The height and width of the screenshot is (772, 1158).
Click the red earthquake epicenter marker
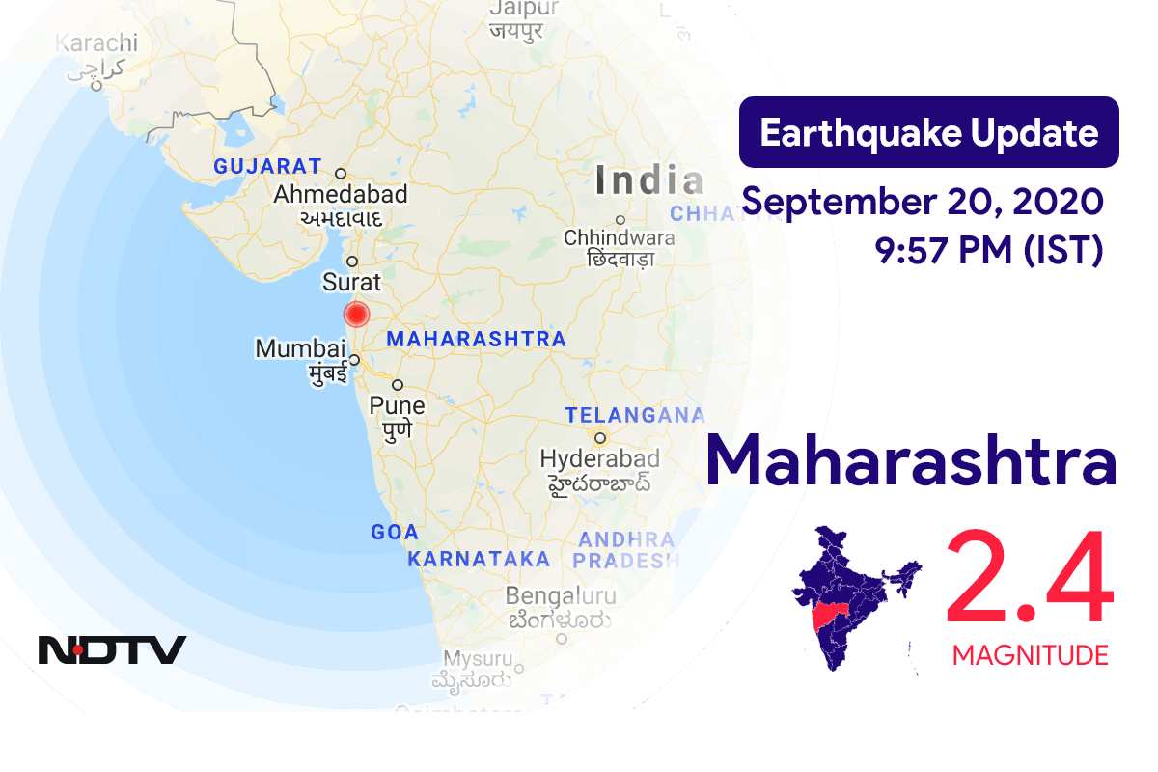point(357,315)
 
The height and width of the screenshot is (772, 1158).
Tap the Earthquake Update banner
point(928,132)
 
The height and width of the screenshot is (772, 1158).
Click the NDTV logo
point(112,649)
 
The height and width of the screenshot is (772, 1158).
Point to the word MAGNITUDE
point(1030,656)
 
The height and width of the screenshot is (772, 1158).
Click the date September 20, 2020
point(922,203)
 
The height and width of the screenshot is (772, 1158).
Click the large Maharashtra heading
point(911,461)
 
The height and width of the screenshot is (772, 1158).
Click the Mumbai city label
point(300,348)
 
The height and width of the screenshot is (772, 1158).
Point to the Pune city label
point(397,405)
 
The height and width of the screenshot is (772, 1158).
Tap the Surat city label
point(351,283)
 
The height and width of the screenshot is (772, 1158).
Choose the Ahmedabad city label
point(340,194)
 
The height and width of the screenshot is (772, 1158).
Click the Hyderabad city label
point(599,458)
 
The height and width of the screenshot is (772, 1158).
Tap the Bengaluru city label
point(560,595)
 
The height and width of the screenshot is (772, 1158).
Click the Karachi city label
point(96,43)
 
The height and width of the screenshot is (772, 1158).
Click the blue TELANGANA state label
point(634,415)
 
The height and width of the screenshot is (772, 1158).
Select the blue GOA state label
point(395,532)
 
